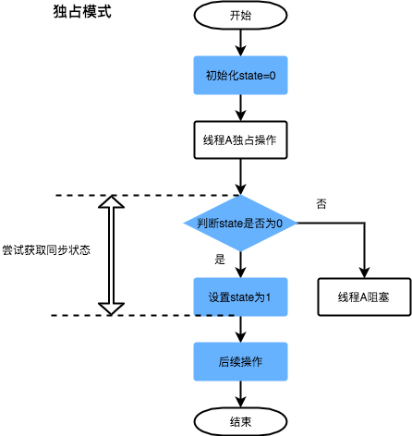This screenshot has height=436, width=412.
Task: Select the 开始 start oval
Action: click(x=240, y=16)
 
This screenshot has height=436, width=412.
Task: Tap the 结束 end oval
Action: click(x=240, y=421)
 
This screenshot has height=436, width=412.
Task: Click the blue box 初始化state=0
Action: click(x=240, y=75)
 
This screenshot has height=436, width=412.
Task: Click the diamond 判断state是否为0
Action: click(x=240, y=224)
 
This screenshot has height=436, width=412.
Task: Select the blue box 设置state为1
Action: click(x=240, y=297)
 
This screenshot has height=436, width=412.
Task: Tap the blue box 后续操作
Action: click(x=240, y=361)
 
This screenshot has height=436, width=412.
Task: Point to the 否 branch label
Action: click(x=321, y=203)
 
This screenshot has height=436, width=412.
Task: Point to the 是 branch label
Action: click(x=220, y=260)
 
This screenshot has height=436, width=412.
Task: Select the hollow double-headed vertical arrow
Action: click(x=111, y=255)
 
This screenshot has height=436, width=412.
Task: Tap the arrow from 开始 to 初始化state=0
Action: click(x=240, y=42)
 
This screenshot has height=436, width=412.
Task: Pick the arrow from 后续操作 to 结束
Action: click(x=240, y=394)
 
